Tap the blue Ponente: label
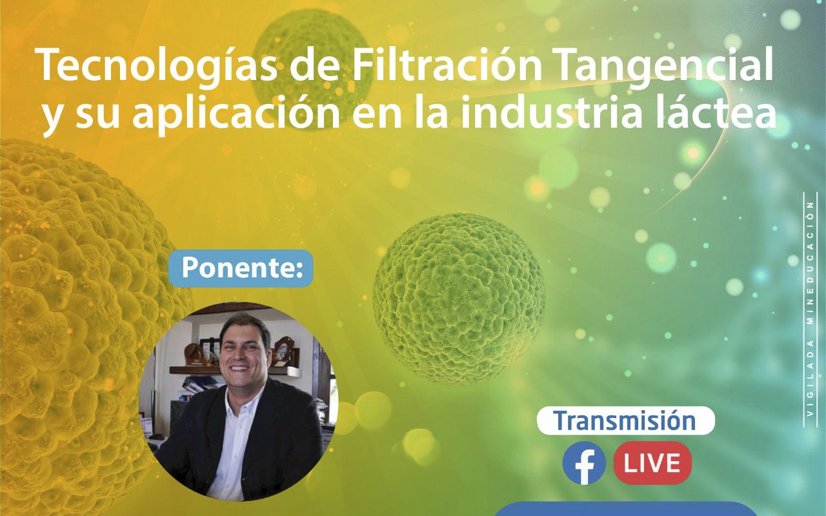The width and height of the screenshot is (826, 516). click(241, 268)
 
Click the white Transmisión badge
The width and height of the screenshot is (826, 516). click(625, 421)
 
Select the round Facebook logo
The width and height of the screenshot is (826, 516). click(584, 463)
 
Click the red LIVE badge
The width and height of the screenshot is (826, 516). click(652, 463)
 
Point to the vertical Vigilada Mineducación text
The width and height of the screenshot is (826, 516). click(810, 310)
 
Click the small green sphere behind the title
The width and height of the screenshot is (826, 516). click(311, 66)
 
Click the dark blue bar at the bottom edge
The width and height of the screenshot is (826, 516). click(623, 510)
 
